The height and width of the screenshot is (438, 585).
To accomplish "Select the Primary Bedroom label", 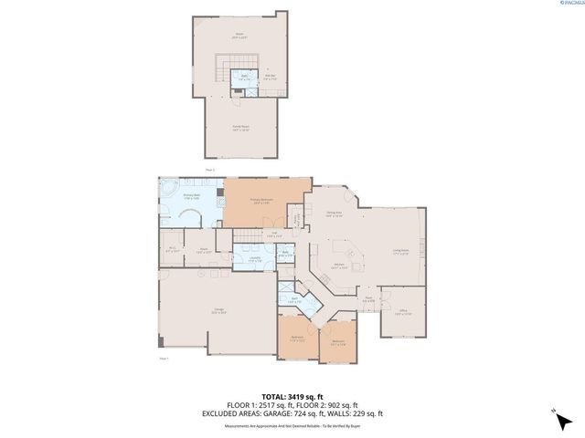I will coord(262,200).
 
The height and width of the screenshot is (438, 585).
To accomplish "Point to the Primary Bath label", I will coord(192,195).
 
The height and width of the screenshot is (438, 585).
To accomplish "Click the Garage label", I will coord(219,312).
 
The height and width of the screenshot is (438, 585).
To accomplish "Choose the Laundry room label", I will coord(246,260).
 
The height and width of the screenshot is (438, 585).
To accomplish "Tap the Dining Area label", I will coord(334,214).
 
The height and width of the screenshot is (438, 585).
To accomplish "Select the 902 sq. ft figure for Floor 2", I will coord(343,404).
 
